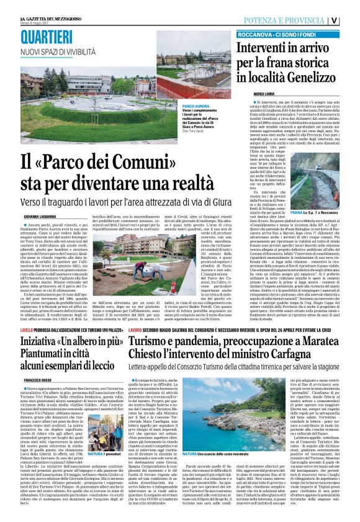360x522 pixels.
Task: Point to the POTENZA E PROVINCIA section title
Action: pos(291,19)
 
